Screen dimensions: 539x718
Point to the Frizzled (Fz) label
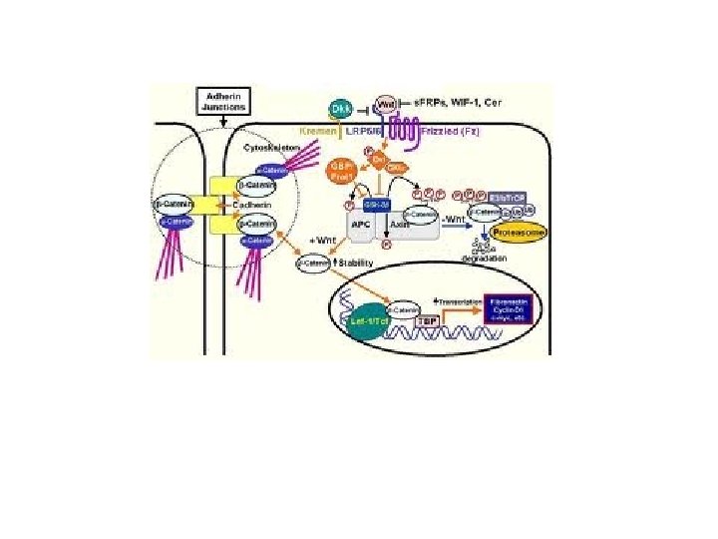pos(486,131)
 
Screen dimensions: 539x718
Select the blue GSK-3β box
pos(375,205)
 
